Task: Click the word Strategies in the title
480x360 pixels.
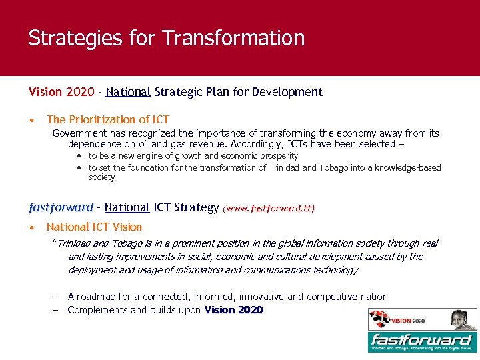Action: click(73, 38)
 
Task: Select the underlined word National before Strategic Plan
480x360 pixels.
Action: click(128, 92)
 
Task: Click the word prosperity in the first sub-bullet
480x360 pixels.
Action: click(276, 155)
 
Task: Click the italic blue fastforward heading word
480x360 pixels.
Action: click(61, 207)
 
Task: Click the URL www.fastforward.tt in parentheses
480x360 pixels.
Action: click(269, 208)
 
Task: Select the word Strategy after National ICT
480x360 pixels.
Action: click(196, 207)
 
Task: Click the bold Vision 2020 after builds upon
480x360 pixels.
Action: click(233, 310)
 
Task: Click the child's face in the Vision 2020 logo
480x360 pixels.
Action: click(459, 319)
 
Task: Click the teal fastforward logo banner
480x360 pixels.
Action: click(423, 342)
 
